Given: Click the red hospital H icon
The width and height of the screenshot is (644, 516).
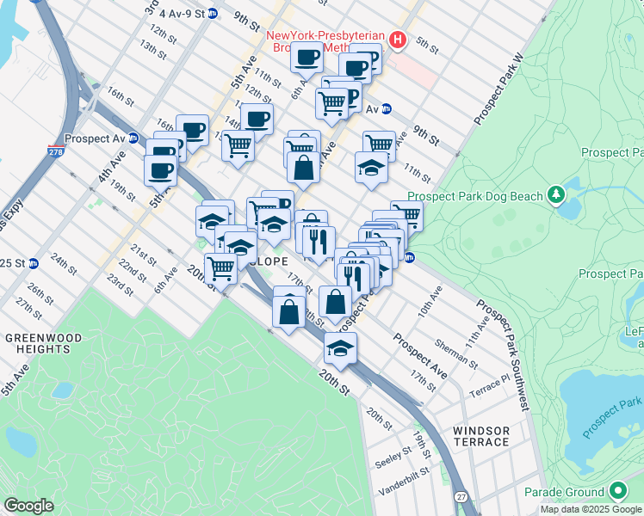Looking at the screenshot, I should click(x=397, y=39).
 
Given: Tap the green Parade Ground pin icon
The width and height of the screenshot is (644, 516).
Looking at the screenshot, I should click(x=616, y=491).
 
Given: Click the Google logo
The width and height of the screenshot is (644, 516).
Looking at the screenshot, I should click(x=28, y=506).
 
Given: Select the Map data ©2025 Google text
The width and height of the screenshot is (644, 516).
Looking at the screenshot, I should click(x=591, y=509).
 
